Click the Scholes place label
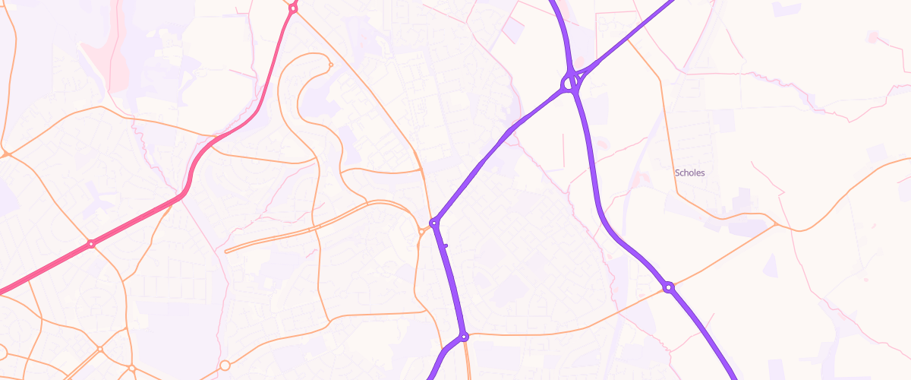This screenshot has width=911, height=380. (x=690, y=173)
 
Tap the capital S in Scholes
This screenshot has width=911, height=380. (x=677, y=173)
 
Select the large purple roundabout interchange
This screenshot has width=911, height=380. (x=571, y=81)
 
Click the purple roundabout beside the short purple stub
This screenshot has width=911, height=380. (x=434, y=223)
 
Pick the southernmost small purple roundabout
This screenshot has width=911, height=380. (x=464, y=337)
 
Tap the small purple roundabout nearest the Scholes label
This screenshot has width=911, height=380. (x=668, y=287)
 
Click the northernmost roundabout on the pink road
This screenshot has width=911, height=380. (x=293, y=8)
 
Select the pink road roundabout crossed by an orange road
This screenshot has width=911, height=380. (x=91, y=244)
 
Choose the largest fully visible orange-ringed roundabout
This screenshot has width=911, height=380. (x=225, y=366)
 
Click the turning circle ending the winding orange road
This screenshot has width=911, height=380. (x=329, y=65)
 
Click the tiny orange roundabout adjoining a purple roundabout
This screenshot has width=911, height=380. (x=421, y=230)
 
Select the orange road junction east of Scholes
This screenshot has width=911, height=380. (x=775, y=224)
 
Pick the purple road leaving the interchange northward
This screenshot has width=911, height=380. (x=562, y=30)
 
